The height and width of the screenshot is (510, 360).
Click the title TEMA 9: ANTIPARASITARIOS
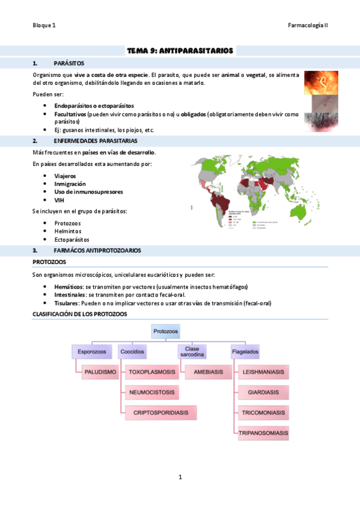(180, 51)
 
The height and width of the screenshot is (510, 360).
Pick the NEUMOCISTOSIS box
(152, 393)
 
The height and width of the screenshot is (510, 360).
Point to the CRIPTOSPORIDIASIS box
(160, 414)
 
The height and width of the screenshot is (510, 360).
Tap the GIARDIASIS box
(263, 393)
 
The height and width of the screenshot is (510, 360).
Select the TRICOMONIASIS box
(263, 413)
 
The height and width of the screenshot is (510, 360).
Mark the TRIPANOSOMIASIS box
(263, 433)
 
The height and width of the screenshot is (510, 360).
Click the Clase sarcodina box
(192, 351)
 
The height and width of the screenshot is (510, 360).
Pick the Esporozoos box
(91, 351)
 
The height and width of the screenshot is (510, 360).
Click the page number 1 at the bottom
(180, 477)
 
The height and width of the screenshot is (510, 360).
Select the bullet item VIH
(59, 200)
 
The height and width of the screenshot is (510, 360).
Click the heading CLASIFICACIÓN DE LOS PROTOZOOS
(80, 315)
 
